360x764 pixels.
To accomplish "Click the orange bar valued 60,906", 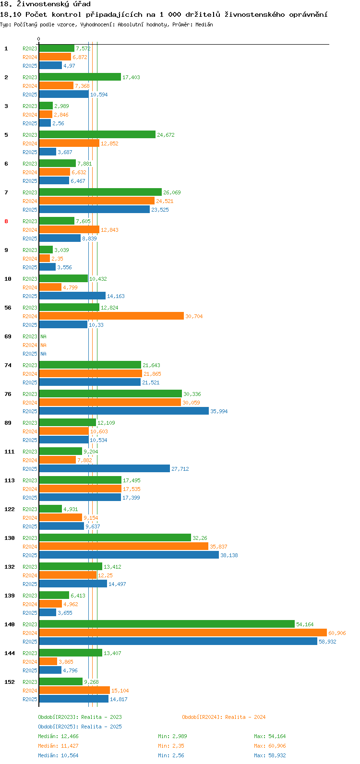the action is pyautogui.click(x=183, y=633).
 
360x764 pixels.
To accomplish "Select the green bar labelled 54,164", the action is pyautogui.click(x=167, y=624).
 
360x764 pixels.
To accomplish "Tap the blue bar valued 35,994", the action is pyautogui.click(x=124, y=411).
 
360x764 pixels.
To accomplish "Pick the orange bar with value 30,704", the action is pyautogui.click(x=111, y=316).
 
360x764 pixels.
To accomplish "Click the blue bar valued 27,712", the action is pyautogui.click(x=105, y=469).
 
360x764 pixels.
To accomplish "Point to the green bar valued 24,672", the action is pyautogui.click(x=97, y=134).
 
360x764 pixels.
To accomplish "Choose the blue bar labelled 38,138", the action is pyautogui.click(x=129, y=555).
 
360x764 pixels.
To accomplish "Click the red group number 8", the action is pyautogui.click(x=6, y=221).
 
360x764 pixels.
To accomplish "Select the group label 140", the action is pyautogui.click(x=10, y=624).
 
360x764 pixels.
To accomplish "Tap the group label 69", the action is pyautogui.click(x=8, y=336).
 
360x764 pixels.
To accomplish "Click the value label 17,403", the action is pyautogui.click(x=132, y=77).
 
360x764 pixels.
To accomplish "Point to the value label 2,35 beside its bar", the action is pyautogui.click(x=57, y=259).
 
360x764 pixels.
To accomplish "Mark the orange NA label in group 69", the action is pyautogui.click(x=43, y=345).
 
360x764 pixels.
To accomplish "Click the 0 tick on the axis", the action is pyautogui.click(x=38, y=39).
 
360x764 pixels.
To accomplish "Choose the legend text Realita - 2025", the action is pyautogui.click(x=101, y=727).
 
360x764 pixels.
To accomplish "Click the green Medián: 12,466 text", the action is pyautogui.click(x=59, y=736).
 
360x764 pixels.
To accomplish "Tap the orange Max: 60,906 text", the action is pyautogui.click(x=270, y=746).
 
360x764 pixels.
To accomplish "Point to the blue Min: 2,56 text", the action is pyautogui.click(x=171, y=755).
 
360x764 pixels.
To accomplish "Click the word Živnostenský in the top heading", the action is pyautogui.click(x=43, y=4).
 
